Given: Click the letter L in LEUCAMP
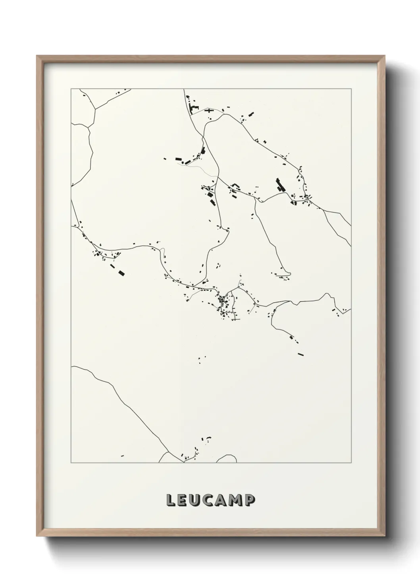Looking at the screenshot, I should click(171, 500).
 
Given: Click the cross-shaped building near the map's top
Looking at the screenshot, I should click(209, 110).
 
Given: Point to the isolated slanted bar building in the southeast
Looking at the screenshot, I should click(301, 354).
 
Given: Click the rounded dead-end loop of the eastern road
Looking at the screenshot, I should click(289, 273).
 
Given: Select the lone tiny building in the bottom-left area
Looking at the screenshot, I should click(122, 455).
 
